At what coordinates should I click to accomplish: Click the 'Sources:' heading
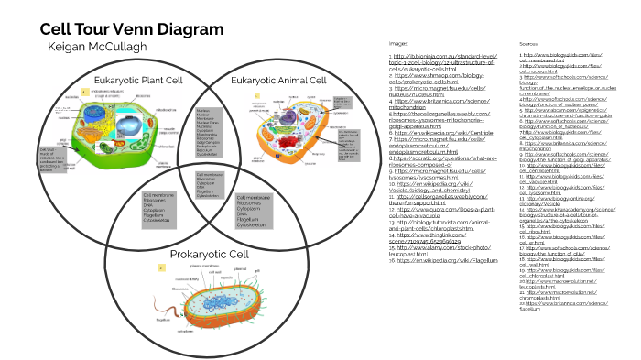pyautogui.click(x=528, y=43)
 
